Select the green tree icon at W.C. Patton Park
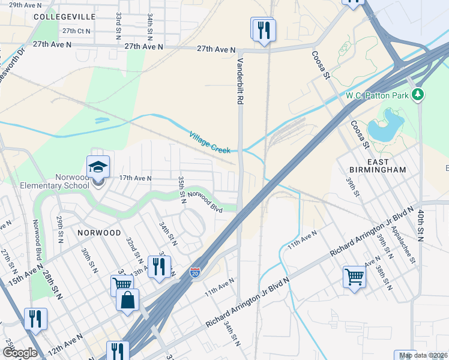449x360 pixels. pyautogui.click(x=418, y=95)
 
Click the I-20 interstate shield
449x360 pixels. pyautogui.click(x=195, y=272)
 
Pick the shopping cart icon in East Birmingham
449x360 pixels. pyautogui.click(x=354, y=277)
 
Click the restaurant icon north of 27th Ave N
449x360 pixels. pyautogui.click(x=264, y=29)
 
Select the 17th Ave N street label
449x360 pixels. pyautogui.click(x=136, y=178)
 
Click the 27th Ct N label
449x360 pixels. pyautogui.click(x=76, y=31)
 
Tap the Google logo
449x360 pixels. pyautogui.click(x=20, y=353)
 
